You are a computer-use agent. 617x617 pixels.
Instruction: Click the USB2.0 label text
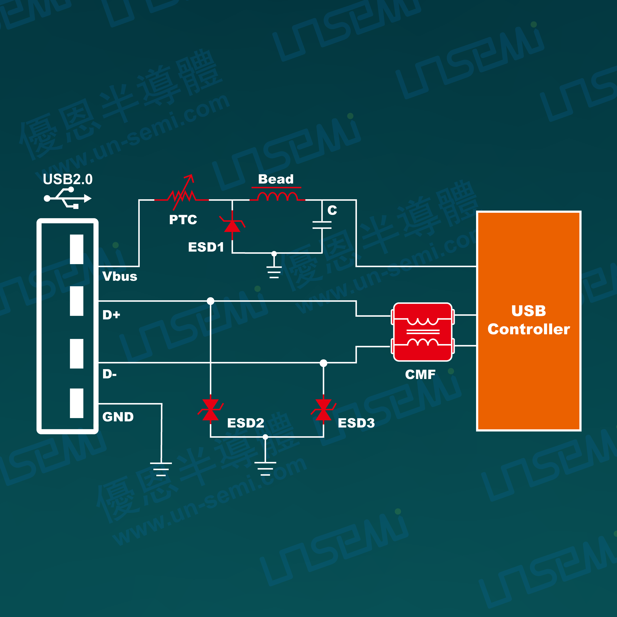pyautogui.click(x=68, y=179)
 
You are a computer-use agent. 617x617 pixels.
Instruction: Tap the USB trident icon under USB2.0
pyautogui.click(x=68, y=198)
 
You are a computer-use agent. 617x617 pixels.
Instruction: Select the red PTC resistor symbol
pyautogui.click(x=182, y=195)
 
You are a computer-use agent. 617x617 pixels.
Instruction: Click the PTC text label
pyautogui.click(x=183, y=220)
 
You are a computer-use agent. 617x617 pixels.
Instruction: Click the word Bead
pyautogui.click(x=276, y=179)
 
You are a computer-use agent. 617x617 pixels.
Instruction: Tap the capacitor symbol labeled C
pyautogui.click(x=322, y=225)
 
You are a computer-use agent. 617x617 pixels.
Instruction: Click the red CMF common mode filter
pyautogui.click(x=422, y=332)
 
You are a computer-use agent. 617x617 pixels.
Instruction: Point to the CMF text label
pyautogui.click(x=420, y=374)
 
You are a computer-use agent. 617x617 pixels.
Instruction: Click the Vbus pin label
pyautogui.click(x=120, y=276)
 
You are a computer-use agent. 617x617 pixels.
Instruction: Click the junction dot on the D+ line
pyautogui.click(x=210, y=301)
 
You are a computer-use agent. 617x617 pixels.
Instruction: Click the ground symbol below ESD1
pyautogui.click(x=274, y=272)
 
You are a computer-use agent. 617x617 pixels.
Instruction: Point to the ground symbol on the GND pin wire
pyautogui.click(x=161, y=469)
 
